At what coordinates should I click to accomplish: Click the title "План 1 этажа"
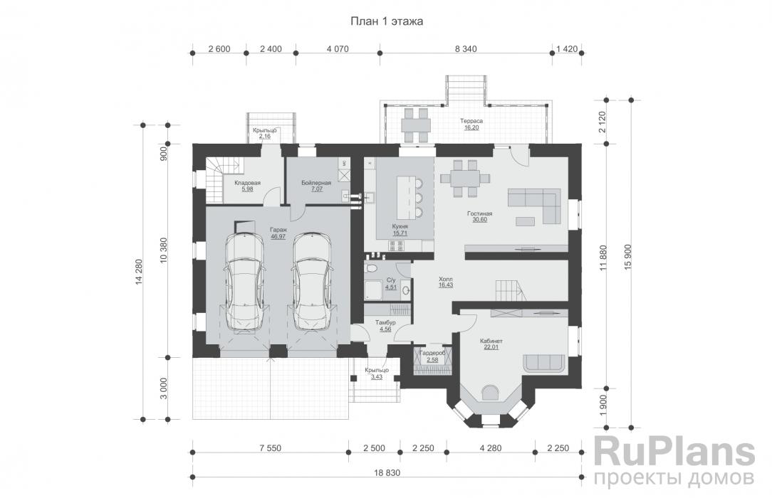click(387, 21)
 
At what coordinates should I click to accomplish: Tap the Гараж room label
click(278, 230)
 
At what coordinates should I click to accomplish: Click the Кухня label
click(400, 227)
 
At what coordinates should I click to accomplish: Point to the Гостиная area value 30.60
click(479, 221)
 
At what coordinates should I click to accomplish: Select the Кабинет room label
click(491, 341)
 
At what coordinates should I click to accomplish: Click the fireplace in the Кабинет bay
click(490, 393)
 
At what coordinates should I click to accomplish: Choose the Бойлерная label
click(316, 183)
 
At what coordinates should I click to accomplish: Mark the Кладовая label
click(247, 183)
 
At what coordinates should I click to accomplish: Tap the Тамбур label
click(385, 323)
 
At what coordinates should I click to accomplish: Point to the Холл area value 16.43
click(446, 285)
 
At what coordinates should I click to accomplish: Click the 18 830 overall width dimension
click(387, 473)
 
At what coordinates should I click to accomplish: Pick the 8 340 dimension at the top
click(466, 49)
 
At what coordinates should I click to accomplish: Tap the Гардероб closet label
click(433, 354)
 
